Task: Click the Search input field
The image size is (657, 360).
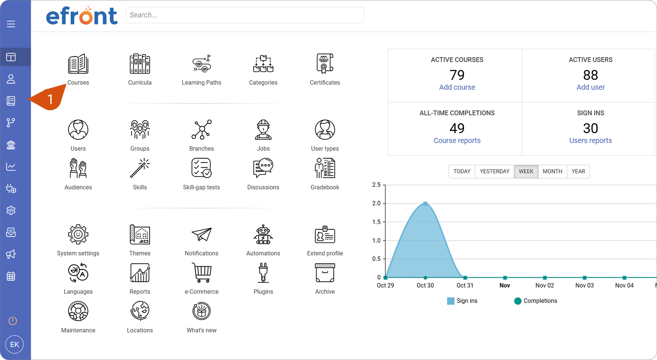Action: click(245, 15)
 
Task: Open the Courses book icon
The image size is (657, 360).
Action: click(78, 64)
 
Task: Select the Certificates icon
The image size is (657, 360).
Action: click(325, 63)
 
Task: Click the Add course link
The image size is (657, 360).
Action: click(457, 87)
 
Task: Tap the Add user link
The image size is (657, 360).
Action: click(591, 87)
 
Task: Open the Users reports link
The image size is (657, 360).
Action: click(591, 141)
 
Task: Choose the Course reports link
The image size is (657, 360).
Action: click(457, 141)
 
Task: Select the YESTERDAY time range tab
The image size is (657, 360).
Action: click(495, 171)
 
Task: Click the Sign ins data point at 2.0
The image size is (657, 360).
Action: click(425, 204)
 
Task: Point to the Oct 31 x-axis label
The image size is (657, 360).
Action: click(465, 286)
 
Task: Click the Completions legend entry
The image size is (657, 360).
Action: click(535, 301)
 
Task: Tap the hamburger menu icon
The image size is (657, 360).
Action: click(11, 24)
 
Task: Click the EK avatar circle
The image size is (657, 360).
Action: click(15, 344)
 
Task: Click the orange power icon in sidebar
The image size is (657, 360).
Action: click(13, 321)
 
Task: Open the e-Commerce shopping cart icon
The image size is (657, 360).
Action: click(202, 273)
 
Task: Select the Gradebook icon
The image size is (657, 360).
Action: click(325, 168)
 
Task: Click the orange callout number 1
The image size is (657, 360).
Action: click(50, 100)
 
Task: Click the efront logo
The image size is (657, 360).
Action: click(82, 15)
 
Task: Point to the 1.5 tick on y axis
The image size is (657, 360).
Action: click(376, 222)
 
